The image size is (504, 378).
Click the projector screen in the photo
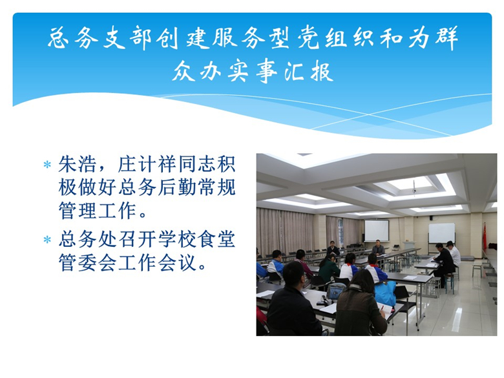coord(376,231)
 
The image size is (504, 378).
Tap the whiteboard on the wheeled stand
coord(441,233)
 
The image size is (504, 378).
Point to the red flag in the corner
coord(485,236)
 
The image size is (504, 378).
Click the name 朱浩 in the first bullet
coord(77,164)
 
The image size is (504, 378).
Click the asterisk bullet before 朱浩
coord(47,165)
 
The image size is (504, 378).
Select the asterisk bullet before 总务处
coord(47,240)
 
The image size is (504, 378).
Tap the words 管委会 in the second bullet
coord(87,262)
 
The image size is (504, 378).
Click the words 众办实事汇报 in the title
coord(253,71)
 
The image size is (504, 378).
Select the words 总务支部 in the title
coord(100,37)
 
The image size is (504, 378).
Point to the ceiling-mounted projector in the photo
coord(414,189)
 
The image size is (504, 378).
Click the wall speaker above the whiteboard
coord(432,218)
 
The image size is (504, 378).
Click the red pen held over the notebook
coord(382,310)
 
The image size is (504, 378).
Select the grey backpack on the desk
coord(336,291)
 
